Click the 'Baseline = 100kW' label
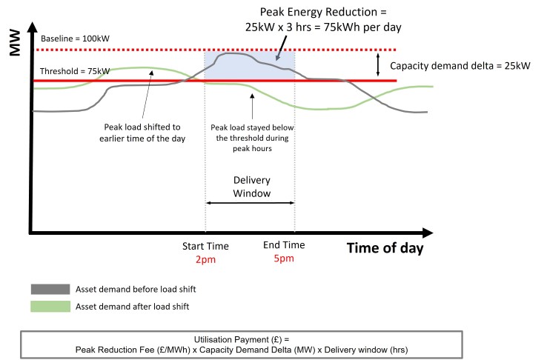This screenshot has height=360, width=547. point(75,38)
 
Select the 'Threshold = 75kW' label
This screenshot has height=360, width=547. point(75,71)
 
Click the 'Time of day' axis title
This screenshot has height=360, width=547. point(385,247)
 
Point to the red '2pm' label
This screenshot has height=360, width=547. point(205,259)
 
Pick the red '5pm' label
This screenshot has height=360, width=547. point(284,259)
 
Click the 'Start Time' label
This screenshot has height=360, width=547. point(205,246)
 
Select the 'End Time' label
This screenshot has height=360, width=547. point(284,246)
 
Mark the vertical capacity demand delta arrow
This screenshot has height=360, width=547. point(378,64)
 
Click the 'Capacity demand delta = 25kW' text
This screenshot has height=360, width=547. point(460,65)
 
